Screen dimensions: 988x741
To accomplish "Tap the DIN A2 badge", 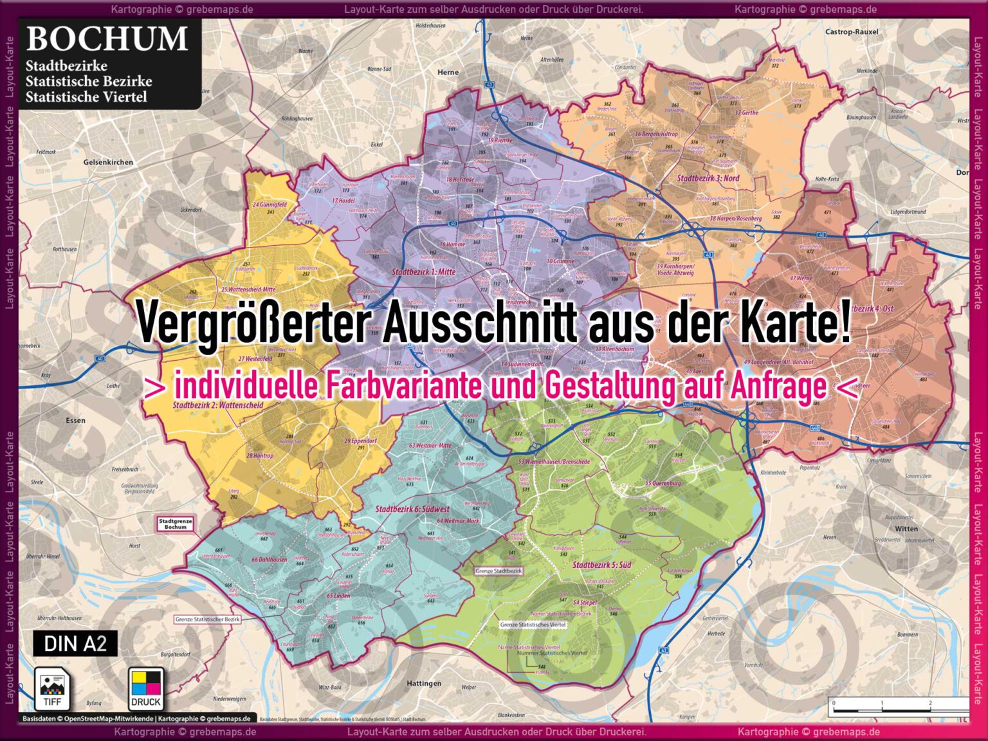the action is coord(75,643).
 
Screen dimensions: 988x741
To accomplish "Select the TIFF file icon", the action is coord(52,689).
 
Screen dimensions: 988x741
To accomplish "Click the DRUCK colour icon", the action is coord(146,689).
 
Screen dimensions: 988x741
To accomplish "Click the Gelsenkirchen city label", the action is coord(108,162).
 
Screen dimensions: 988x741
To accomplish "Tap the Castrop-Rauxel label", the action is coord(851,32).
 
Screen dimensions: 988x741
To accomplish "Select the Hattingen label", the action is coord(424,683).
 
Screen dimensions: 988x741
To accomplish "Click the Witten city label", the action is coord(906,529).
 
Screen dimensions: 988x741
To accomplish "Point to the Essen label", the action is coord(75,421).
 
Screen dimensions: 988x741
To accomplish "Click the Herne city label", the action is coord(448,72).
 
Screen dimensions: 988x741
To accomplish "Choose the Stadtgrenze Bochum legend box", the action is coord(175,524).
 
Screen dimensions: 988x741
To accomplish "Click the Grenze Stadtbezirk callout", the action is coord(499,571).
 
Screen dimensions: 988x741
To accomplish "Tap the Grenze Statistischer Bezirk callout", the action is coord(207,619).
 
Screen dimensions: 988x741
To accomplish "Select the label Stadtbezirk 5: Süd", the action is coord(601,565).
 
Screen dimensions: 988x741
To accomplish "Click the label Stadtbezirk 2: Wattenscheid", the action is coord(218,405).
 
